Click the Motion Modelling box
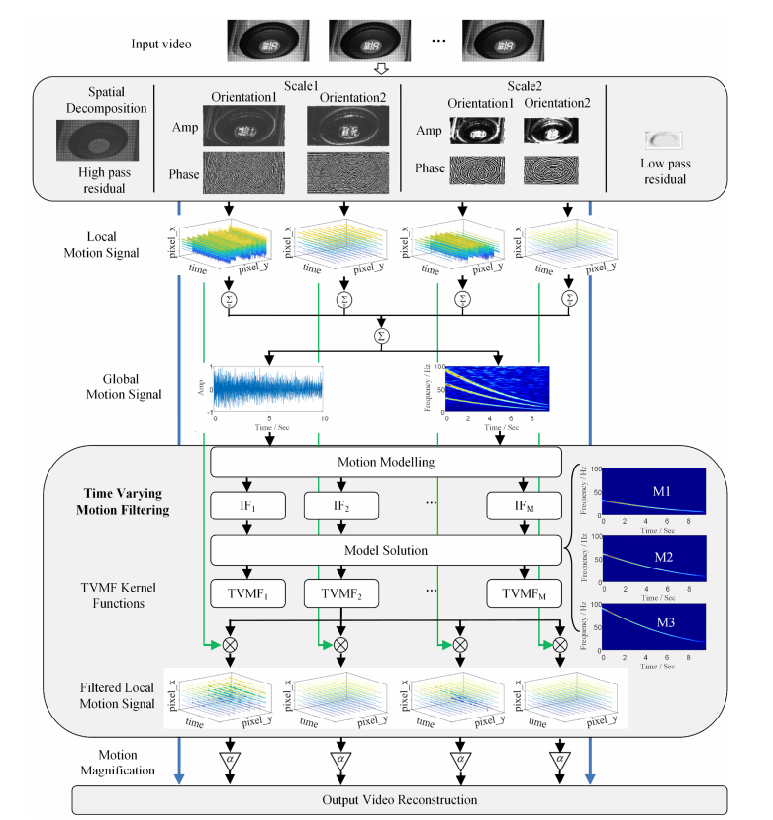(x=386, y=463)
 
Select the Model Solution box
(x=386, y=549)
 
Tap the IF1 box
(x=247, y=506)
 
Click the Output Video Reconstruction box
(x=401, y=799)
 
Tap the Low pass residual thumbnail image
(x=664, y=142)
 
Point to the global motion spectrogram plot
(x=498, y=389)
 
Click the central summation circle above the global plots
(x=382, y=335)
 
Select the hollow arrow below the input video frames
(x=382, y=68)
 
